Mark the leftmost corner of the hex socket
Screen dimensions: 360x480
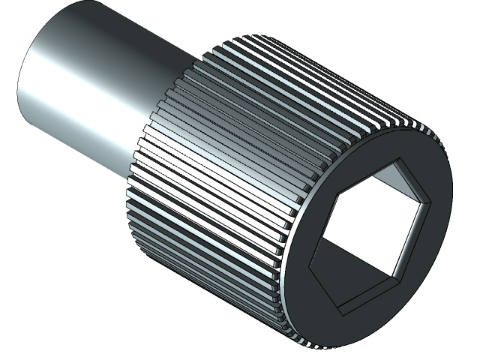click(x=308, y=264)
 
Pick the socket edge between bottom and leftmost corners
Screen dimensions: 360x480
click(x=323, y=289)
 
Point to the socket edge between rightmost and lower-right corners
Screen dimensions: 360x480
click(x=418, y=238)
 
